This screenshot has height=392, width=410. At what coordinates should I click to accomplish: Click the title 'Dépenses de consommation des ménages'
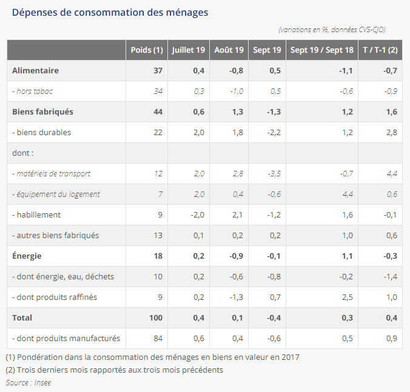[110, 12]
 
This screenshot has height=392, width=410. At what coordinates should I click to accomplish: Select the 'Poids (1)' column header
[147, 50]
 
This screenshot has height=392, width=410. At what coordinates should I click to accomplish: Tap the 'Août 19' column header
[229, 50]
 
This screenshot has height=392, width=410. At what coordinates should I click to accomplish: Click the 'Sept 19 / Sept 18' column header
[321, 50]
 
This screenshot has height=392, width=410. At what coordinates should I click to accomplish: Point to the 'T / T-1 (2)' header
[380, 50]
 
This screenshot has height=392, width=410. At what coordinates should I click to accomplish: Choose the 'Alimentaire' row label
[35, 70]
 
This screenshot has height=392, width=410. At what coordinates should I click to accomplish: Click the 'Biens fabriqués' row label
[42, 111]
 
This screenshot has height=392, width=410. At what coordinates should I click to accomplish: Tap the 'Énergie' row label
[27, 256]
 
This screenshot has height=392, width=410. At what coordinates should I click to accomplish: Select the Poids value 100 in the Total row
[155, 317]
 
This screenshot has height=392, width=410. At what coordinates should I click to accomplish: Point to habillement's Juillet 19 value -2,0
[197, 214]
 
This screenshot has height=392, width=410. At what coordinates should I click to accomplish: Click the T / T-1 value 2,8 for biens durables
[391, 132]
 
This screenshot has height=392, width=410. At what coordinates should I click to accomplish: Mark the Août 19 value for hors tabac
[236, 91]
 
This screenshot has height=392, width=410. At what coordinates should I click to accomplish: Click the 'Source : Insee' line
[28, 382]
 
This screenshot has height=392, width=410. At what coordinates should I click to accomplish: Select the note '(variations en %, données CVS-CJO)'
[332, 29]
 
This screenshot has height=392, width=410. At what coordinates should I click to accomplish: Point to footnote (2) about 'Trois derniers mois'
[114, 370]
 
